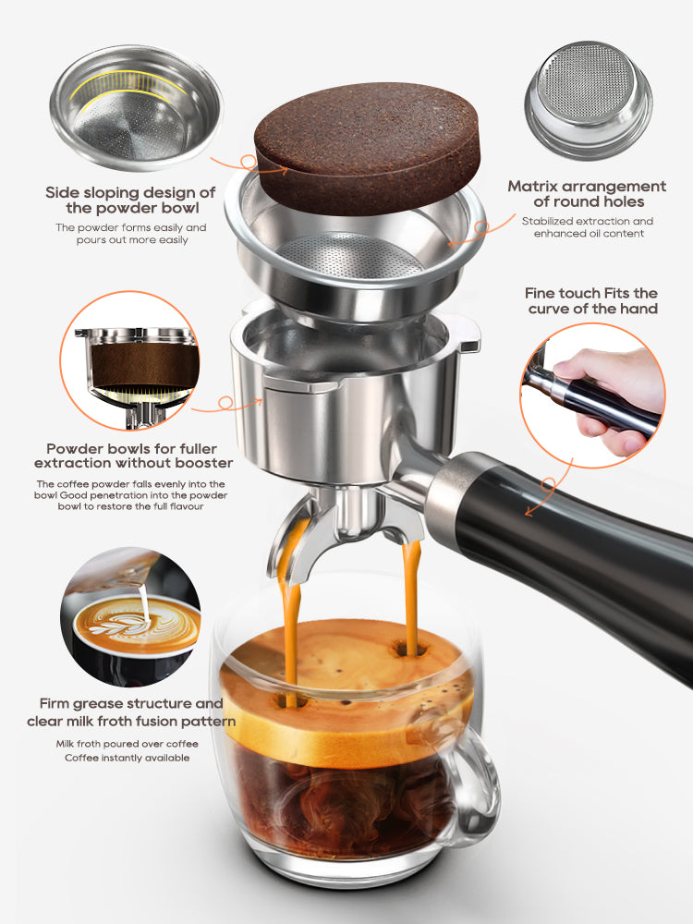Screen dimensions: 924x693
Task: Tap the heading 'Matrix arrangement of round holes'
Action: (x=587, y=194)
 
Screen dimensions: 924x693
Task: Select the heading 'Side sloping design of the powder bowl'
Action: (x=130, y=200)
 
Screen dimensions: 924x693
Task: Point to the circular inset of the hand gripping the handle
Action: (x=591, y=394)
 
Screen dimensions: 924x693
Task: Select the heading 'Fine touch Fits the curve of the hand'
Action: (x=592, y=300)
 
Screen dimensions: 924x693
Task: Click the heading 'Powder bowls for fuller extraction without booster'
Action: (x=133, y=455)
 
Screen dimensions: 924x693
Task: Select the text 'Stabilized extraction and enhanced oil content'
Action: (x=587, y=227)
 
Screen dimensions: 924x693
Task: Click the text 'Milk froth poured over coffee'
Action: (x=128, y=743)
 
